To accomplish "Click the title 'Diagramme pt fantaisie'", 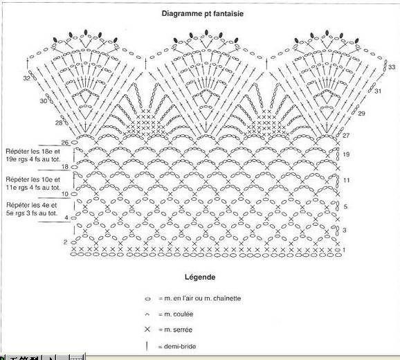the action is point(203,14).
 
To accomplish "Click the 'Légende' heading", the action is point(200,277).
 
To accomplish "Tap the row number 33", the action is point(392,67).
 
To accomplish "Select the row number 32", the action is point(26,78).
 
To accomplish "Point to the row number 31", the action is point(378,91).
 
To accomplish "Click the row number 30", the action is point(44,101).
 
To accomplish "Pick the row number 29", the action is point(361,114).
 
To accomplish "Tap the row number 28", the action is point(59,123).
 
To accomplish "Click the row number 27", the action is point(346,135).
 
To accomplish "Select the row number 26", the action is point(65,143).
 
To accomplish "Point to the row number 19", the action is point(346,154).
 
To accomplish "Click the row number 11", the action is point(346,181).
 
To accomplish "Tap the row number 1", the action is point(344,250).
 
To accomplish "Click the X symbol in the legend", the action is point(147,330).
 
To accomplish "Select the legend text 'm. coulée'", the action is point(179,314).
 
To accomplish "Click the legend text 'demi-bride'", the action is point(180,346).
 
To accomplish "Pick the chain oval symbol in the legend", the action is point(147,299).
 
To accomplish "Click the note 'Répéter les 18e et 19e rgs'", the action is point(33,155).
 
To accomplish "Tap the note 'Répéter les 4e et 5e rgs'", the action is point(32,209).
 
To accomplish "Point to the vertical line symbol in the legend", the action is point(147,346).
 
